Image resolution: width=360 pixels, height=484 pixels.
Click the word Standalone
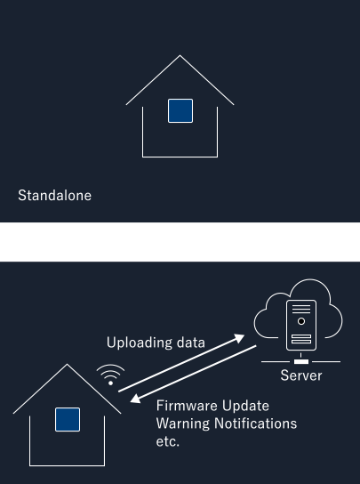coord(54,196)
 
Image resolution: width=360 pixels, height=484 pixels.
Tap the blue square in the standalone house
coord(180,111)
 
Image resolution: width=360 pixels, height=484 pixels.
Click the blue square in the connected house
coord(68,419)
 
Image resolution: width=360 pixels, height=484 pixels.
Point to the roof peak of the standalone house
coord(180,55)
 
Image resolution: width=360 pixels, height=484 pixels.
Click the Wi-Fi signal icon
coord(110,375)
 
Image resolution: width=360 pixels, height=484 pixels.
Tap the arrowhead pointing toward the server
coord(239,338)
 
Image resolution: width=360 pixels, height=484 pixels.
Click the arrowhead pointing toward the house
coord(135,399)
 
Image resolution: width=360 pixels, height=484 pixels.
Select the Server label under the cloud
coord(301,375)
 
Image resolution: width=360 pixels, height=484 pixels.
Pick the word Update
coord(245,407)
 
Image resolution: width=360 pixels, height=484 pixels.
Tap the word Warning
coord(183,423)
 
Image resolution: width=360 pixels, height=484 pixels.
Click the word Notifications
coord(256,423)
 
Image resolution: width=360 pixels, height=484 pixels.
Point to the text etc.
coord(167,441)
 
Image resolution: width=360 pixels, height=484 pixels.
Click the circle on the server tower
coord(301,321)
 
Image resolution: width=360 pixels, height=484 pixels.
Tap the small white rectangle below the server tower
coord(301,361)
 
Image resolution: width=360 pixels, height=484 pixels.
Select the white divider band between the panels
coord(180,242)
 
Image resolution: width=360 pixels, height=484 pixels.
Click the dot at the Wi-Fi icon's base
coord(111,383)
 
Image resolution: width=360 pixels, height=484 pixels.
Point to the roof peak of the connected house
coord(68,365)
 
